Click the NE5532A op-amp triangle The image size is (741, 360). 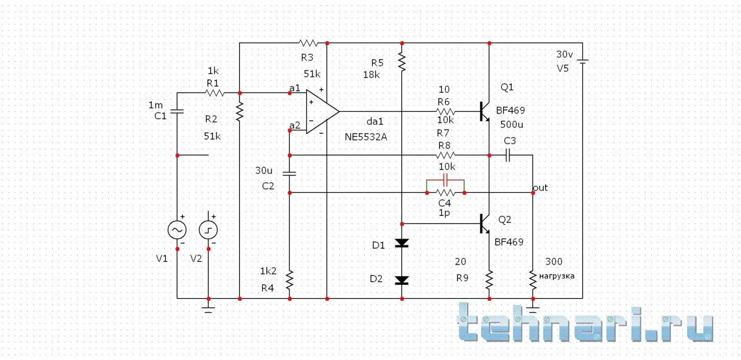pyautogui.click(x=321, y=111)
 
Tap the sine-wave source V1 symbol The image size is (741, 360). pyautogui.click(x=177, y=230)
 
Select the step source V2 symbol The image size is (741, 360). pyautogui.click(x=208, y=230)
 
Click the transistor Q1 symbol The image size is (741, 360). pyautogui.click(x=485, y=111)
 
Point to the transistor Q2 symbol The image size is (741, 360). pyautogui.click(x=485, y=223)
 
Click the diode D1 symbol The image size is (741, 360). pyautogui.click(x=401, y=244)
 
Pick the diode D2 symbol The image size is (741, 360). pyautogui.click(x=401, y=280)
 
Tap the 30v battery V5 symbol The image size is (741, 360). pyautogui.click(x=582, y=61)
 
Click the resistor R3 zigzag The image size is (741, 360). pyautogui.click(x=308, y=43)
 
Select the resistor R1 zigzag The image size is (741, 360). pyautogui.click(x=215, y=93)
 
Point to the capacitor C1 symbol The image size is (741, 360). pyautogui.click(x=177, y=111)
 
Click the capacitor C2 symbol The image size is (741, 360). pyautogui.click(x=289, y=173)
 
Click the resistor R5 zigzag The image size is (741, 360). pyautogui.click(x=401, y=60)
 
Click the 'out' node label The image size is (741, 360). pyautogui.click(x=540, y=188)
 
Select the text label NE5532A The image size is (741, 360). pyautogui.click(x=366, y=137)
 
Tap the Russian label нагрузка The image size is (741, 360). pyautogui.click(x=556, y=276)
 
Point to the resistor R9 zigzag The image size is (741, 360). pyautogui.click(x=489, y=280)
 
